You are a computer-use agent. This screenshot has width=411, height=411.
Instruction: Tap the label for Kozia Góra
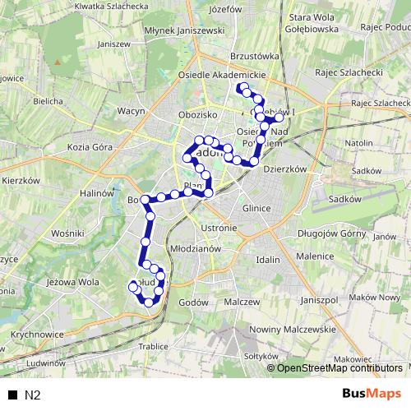(x=90, y=146)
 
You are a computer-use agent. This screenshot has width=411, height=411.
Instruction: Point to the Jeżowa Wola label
(x=73, y=281)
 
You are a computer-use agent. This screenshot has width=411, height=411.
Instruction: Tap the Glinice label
(x=256, y=208)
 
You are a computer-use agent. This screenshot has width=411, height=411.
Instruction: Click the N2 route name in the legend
(x=32, y=394)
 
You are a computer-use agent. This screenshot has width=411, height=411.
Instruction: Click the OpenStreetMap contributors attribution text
(x=340, y=367)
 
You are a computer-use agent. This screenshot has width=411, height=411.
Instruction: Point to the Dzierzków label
(x=284, y=168)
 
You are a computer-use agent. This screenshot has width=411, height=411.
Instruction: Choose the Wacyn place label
(x=132, y=109)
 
